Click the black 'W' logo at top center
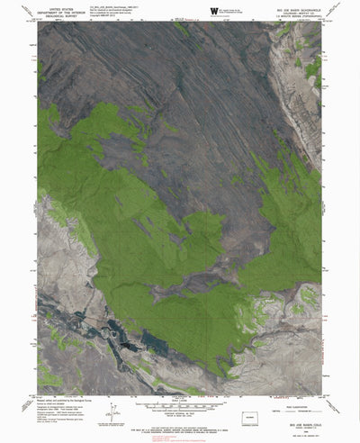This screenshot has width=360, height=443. [213, 11]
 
